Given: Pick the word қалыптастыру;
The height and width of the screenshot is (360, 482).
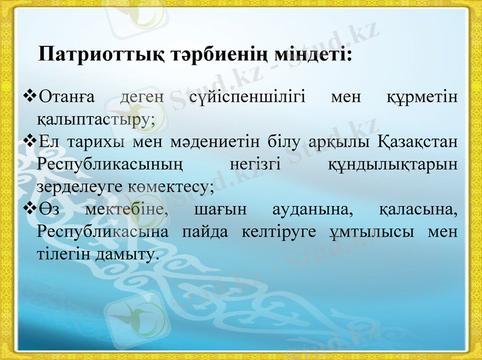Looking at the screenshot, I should pos(96,119).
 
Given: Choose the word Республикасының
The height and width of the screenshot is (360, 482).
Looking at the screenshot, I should pos(110,165).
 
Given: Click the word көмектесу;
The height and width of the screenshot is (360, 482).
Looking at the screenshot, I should pos(171,187).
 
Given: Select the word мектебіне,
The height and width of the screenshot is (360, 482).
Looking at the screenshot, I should pos(124,210).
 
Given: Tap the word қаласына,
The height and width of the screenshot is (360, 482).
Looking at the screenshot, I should pos(419,210).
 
